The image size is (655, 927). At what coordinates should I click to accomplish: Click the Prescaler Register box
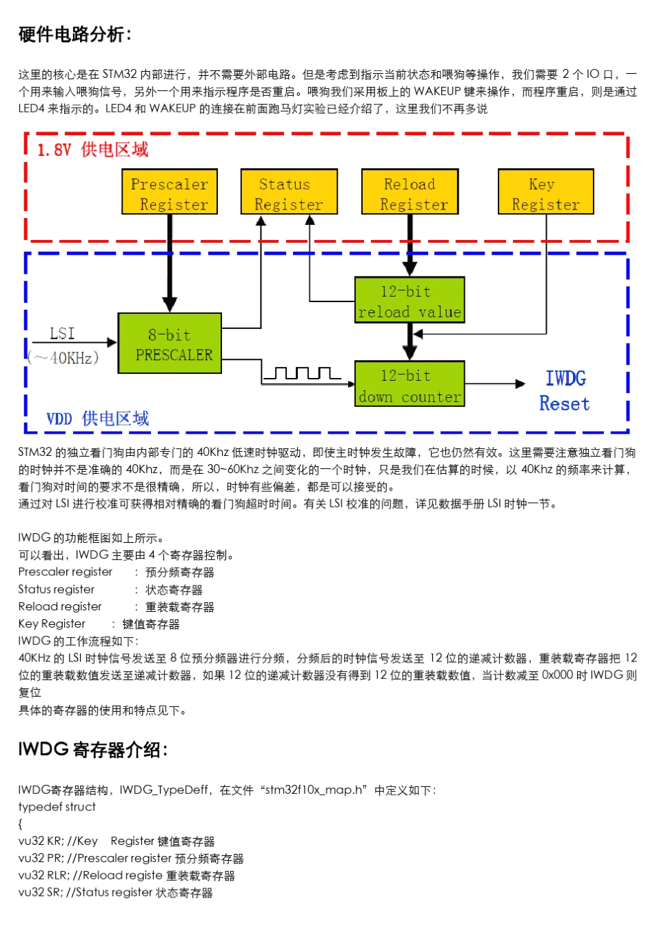click(x=170, y=192)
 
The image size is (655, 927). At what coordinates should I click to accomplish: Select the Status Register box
click(x=289, y=192)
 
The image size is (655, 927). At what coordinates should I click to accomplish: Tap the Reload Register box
click(x=410, y=192)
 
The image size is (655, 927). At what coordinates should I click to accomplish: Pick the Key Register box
click(x=545, y=192)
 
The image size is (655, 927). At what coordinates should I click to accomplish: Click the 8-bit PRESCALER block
click(x=170, y=343)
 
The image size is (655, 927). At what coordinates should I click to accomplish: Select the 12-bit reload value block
click(x=410, y=301)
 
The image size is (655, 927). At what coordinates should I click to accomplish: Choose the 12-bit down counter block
click(x=410, y=384)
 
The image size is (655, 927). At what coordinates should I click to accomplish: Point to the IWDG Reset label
click(x=565, y=390)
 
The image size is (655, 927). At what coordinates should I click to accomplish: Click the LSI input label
click(x=63, y=334)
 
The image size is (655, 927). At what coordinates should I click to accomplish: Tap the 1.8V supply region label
click(x=92, y=150)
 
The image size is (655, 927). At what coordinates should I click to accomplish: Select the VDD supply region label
click(x=97, y=419)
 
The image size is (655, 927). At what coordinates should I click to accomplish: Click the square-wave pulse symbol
click(x=302, y=373)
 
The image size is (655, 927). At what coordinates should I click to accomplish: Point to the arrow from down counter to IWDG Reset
click(x=494, y=384)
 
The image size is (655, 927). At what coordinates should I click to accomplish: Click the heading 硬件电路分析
click(x=74, y=34)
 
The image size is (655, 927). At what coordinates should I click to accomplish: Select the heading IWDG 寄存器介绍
click(x=93, y=750)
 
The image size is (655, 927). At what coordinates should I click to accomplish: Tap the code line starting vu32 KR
click(x=117, y=841)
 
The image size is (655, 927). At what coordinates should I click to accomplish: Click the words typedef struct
click(x=57, y=807)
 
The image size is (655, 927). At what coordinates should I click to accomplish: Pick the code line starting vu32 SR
click(x=115, y=893)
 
